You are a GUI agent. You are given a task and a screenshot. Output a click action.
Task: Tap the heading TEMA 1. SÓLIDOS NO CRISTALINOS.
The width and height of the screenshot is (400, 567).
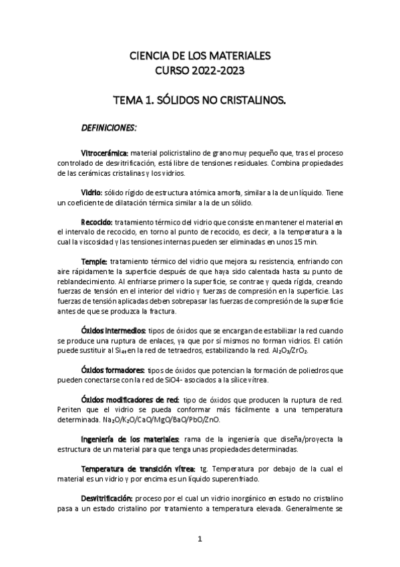[200, 101]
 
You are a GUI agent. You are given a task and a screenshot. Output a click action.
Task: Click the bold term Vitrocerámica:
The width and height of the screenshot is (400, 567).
[105, 152]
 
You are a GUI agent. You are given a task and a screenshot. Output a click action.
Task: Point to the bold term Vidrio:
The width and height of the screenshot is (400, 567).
[92, 192]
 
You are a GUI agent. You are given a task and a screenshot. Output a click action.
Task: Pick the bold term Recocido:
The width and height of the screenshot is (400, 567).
[96, 221]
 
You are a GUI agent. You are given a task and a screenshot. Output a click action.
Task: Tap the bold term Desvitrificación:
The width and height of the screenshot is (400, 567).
[107, 499]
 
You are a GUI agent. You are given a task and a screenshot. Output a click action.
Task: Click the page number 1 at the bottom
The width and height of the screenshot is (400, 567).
[200, 538]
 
